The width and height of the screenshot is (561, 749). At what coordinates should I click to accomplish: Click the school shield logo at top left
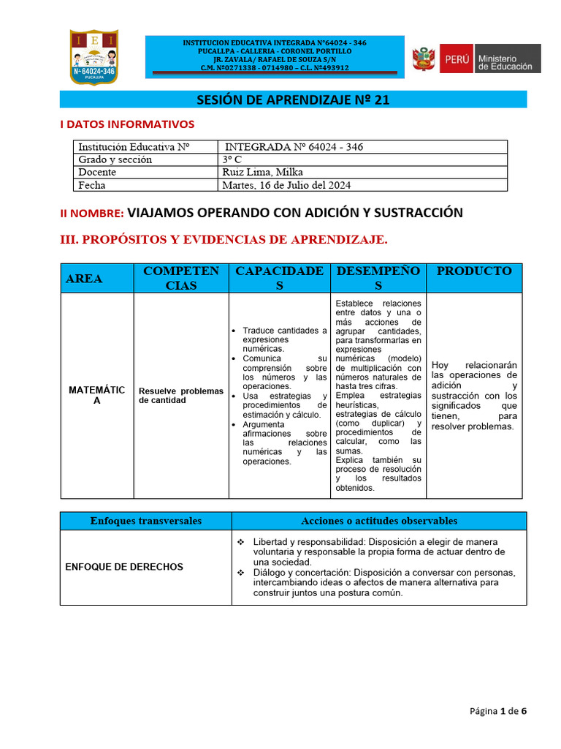[93, 56]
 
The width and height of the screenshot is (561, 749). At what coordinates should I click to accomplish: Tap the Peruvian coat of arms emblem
[424, 59]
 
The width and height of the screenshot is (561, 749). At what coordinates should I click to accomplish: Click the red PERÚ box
[456, 59]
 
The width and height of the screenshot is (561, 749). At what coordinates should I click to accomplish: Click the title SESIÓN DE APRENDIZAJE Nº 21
[292, 100]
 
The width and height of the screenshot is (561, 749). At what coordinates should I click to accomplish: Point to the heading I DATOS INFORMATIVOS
[127, 124]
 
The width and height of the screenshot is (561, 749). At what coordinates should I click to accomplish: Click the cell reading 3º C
[233, 159]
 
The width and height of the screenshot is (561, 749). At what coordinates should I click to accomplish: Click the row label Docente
[97, 173]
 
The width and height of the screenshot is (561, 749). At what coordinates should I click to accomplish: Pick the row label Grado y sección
[115, 159]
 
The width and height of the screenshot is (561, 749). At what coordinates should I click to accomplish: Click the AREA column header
[85, 279]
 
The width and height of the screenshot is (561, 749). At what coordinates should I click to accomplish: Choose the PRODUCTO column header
[474, 271]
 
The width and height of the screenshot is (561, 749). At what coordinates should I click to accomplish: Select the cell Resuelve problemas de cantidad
[181, 396]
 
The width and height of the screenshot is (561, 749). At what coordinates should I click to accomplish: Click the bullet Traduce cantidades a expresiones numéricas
[284, 339]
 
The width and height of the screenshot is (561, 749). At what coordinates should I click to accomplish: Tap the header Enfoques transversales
[145, 521]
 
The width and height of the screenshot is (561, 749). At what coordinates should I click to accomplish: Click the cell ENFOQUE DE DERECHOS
[124, 567]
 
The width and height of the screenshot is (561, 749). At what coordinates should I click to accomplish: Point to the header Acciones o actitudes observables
[379, 521]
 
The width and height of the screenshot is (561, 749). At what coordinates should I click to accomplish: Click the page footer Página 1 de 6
[497, 711]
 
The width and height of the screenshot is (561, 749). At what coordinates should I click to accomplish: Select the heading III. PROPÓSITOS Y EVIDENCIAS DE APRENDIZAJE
[224, 240]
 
